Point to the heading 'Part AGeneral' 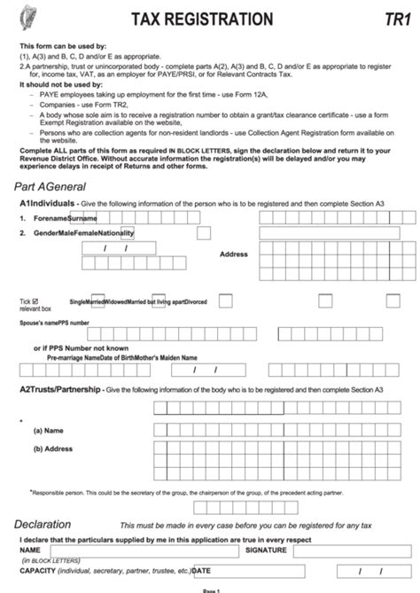click(50, 187)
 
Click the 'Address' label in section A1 click(234, 254)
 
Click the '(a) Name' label click(49, 429)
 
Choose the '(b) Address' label click(53, 449)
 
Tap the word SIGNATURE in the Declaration click(266, 550)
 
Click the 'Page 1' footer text click(210, 589)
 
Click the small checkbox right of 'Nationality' click(204, 233)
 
